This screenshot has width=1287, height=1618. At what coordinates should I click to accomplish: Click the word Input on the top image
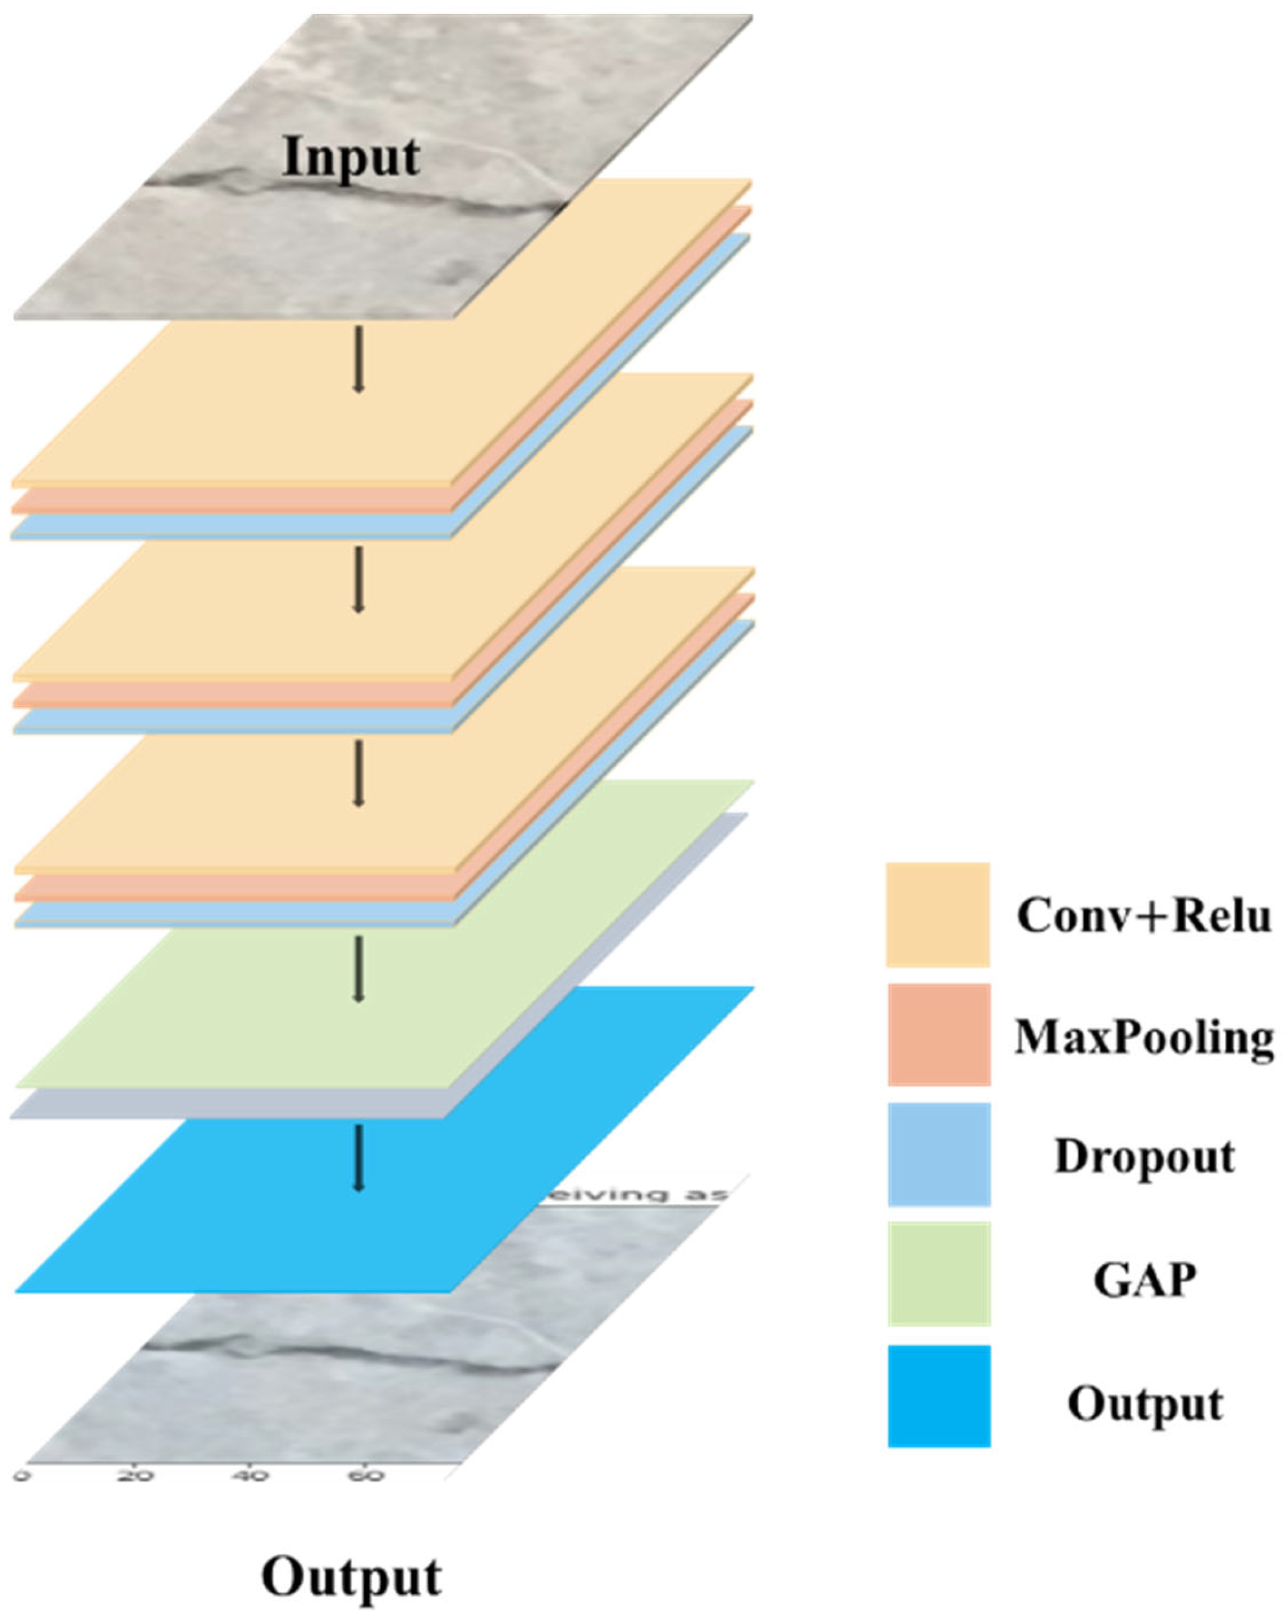350,158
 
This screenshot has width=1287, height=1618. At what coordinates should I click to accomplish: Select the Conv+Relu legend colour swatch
937,914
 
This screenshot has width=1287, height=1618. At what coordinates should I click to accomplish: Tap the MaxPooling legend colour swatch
938,1034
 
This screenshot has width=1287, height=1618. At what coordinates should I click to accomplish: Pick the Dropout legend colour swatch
938,1154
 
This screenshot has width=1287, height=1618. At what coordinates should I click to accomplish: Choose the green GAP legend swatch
938,1274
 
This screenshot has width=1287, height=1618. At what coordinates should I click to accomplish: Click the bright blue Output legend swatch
938,1396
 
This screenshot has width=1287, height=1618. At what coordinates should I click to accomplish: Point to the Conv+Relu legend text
1144,916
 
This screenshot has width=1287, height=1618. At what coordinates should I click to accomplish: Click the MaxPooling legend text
1144,1037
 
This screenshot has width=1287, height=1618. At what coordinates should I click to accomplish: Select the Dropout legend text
1144,1156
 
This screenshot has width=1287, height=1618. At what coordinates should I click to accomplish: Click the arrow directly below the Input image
358,358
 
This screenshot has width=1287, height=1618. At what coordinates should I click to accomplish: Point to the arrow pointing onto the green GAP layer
358,968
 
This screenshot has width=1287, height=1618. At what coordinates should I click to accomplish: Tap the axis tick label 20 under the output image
136,1475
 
